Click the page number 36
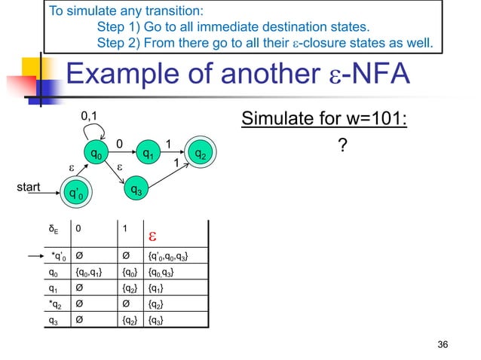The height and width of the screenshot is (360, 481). tap(443, 344)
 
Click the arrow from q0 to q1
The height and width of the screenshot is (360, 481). tap(123, 154)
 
